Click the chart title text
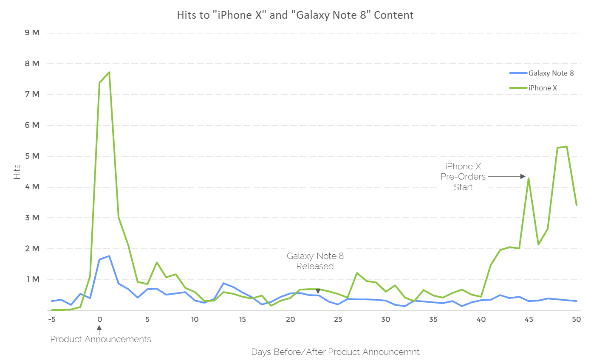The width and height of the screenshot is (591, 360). [x=295, y=15]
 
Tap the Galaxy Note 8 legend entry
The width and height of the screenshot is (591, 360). [x=551, y=73]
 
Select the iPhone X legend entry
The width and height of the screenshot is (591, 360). [x=542, y=88]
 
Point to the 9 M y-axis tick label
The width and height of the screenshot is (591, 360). [x=33, y=33]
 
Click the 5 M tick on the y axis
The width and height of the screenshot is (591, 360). [x=33, y=156]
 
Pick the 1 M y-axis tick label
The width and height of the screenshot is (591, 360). [x=33, y=280]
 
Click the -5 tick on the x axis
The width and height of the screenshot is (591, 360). [x=52, y=320]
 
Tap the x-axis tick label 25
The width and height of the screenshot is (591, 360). [x=338, y=320]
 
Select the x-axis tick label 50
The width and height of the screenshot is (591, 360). [x=576, y=320]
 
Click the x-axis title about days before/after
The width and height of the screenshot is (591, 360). [x=335, y=352]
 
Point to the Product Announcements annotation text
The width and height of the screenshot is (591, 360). [x=101, y=339]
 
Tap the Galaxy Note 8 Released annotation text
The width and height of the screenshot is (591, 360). [x=315, y=261]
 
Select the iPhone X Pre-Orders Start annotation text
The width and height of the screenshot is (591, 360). [x=463, y=177]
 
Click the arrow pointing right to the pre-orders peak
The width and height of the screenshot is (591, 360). [x=506, y=176]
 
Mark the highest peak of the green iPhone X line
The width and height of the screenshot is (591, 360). [x=109, y=72]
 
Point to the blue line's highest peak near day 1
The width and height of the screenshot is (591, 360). [x=109, y=256]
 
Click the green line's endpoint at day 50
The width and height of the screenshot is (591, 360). [x=576, y=205]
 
